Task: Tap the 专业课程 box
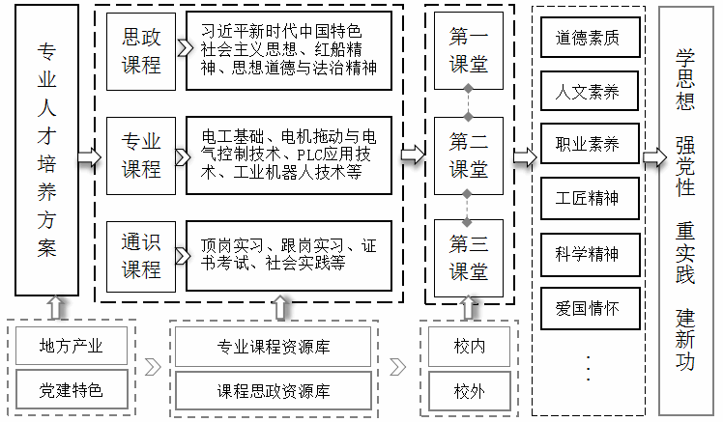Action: point(140,155)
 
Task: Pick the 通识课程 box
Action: point(140,255)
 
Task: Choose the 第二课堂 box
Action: point(468,155)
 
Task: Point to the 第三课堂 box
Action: point(468,256)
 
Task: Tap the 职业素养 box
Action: point(587,146)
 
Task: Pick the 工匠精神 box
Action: point(587,200)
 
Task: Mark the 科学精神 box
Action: point(587,254)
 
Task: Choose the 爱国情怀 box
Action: point(587,309)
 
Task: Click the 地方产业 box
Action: point(71,346)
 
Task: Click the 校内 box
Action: point(469,346)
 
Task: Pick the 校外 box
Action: point(469,391)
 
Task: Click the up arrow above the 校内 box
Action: point(469,307)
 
